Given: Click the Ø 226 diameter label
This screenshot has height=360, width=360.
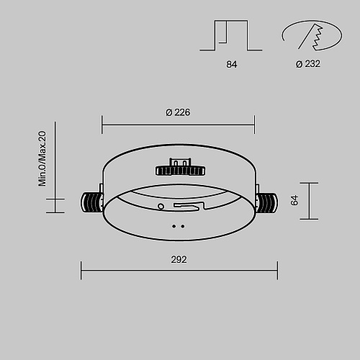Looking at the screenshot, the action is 178,112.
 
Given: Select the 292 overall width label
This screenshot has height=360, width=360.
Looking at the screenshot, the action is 179,260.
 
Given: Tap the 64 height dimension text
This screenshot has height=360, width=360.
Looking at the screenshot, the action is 294,200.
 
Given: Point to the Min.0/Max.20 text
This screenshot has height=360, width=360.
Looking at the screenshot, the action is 42,158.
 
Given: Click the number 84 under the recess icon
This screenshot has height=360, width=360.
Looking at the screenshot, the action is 232,64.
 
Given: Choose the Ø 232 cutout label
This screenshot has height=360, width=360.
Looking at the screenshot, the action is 308,64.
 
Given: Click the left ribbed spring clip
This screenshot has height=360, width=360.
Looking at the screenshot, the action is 92,202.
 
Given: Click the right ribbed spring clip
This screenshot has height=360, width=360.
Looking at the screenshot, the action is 267,203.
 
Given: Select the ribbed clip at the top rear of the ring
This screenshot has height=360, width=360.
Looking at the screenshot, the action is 180,167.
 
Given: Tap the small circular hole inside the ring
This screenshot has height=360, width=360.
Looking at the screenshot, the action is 161,206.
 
